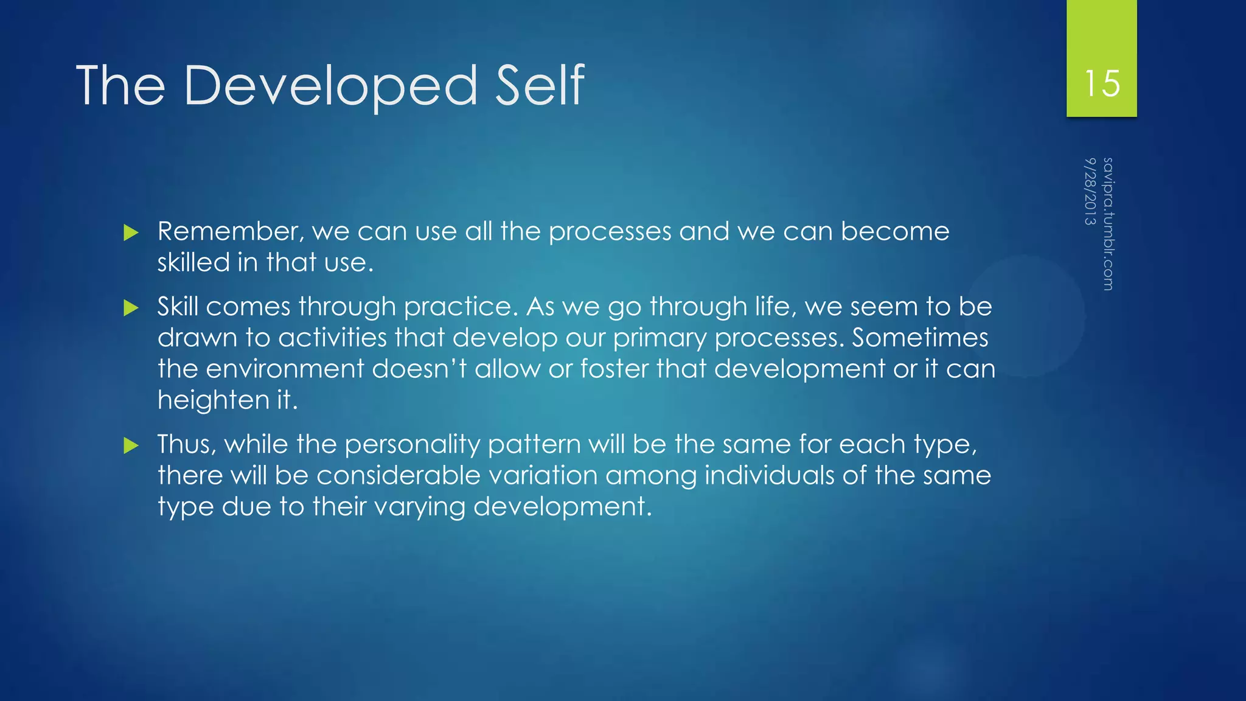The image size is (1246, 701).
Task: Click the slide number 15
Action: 1102,83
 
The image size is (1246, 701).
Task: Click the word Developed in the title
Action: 330,86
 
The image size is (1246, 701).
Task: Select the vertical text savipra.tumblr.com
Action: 1108,224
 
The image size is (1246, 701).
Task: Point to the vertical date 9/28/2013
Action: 1090,191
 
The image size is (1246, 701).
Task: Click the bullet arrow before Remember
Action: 131,232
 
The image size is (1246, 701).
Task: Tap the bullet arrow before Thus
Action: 131,445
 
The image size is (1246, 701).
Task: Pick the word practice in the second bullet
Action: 461,307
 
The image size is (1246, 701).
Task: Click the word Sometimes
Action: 919,338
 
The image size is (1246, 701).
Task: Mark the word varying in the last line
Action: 419,507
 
